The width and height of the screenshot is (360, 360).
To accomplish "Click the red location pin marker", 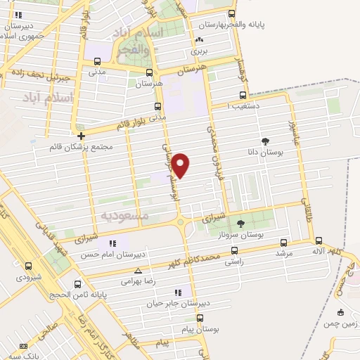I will (181, 165).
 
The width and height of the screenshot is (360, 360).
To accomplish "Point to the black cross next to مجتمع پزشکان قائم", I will (82, 136).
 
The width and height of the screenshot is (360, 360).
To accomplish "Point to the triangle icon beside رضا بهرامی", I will (138, 270).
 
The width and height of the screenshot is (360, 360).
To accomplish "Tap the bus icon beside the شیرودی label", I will (28, 266).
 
